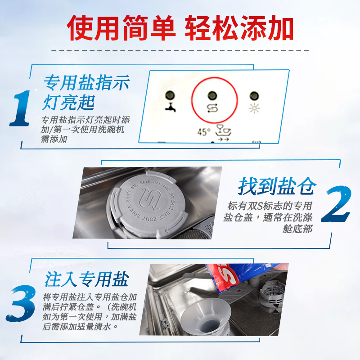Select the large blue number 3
point(22,302)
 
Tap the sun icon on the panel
point(254,108)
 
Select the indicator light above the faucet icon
point(170,95)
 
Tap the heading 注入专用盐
point(86,279)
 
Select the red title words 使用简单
point(121,28)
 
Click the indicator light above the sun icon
point(254,95)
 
